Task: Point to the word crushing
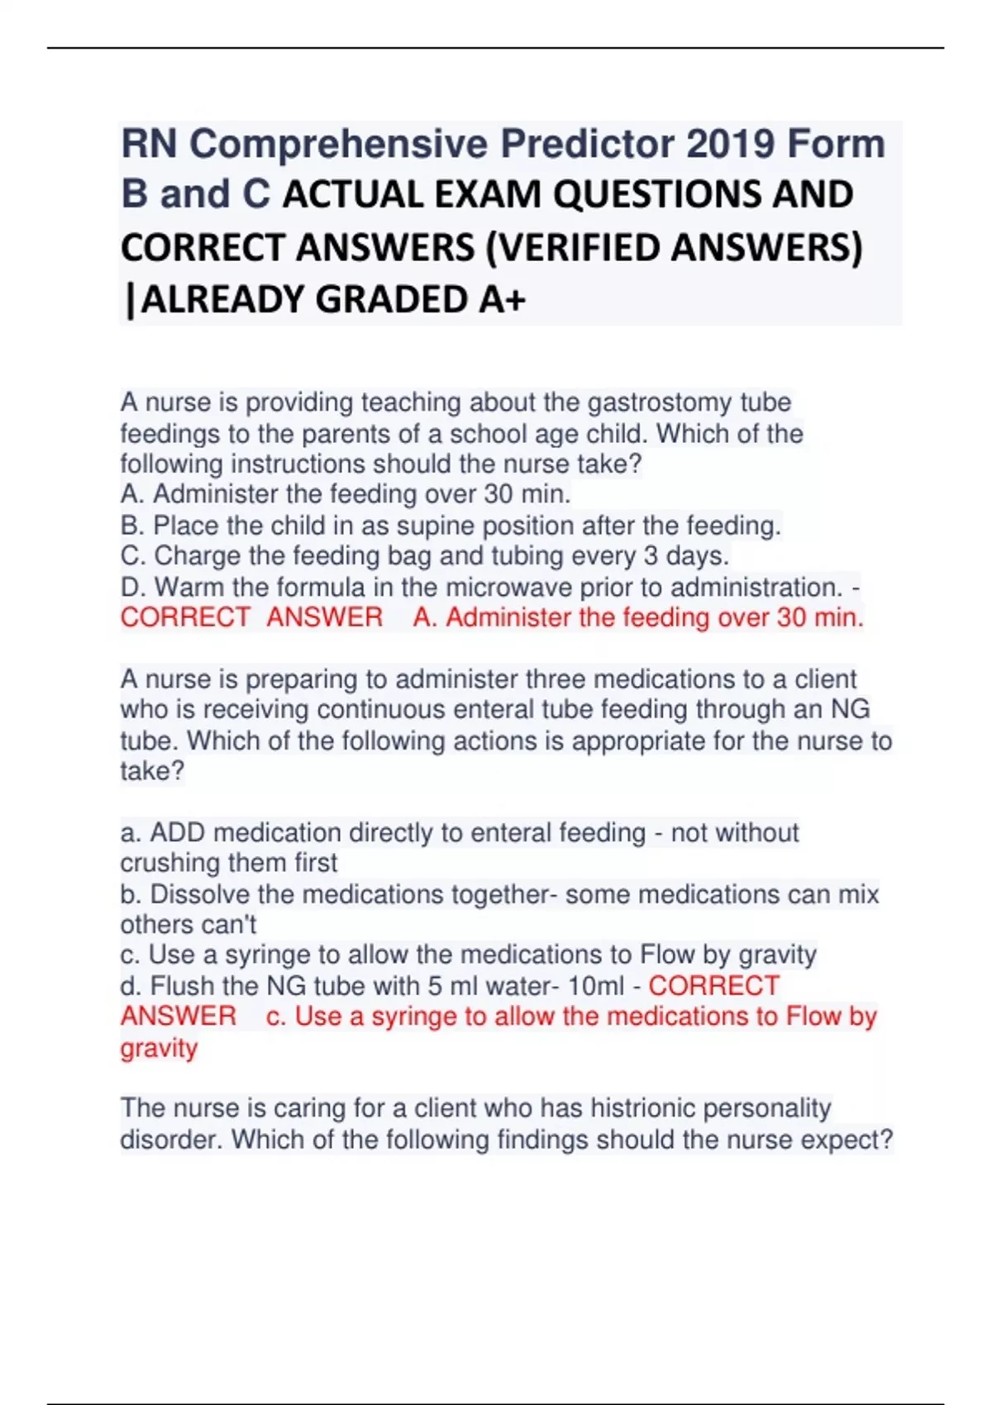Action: (x=171, y=863)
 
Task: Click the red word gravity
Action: (x=159, y=1049)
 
